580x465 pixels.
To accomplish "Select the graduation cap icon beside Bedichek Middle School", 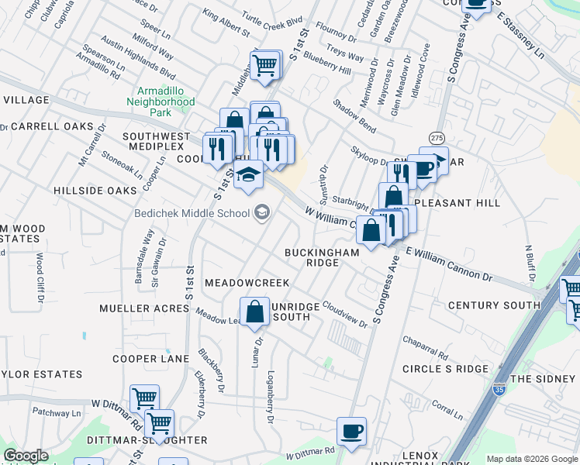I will (261, 212).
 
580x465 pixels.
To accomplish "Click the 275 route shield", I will (437, 137).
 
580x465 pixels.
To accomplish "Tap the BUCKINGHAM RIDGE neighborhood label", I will (322, 257).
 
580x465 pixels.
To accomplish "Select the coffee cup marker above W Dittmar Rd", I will (351, 430).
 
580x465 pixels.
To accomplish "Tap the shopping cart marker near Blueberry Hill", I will (264, 64).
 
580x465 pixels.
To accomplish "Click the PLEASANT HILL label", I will (457, 203).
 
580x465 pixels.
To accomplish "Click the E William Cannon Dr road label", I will (449, 264).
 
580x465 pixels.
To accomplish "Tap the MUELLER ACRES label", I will (144, 308).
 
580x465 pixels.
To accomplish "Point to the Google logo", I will (26, 456).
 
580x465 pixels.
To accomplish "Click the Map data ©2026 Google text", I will (531, 459).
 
